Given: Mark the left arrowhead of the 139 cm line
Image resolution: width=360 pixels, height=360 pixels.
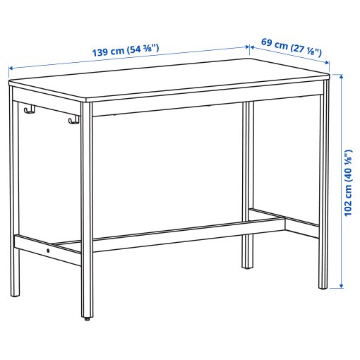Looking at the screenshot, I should (x=11, y=68).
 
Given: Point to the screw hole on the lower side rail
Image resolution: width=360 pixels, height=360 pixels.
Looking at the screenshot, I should (x=48, y=249).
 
